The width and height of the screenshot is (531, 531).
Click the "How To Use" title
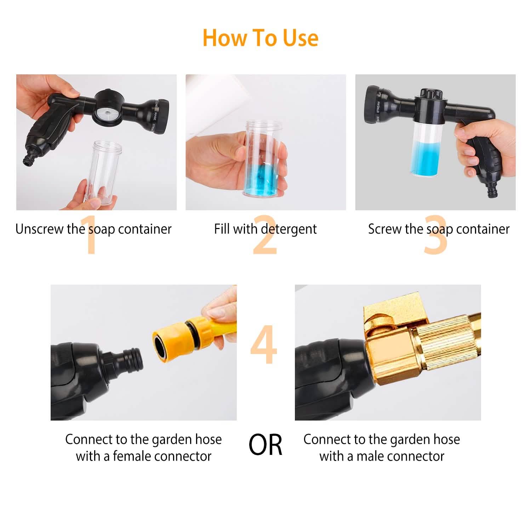tap(261, 38)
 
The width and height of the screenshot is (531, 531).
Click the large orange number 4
tap(264, 345)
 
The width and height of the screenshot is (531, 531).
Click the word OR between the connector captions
tap(265, 445)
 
